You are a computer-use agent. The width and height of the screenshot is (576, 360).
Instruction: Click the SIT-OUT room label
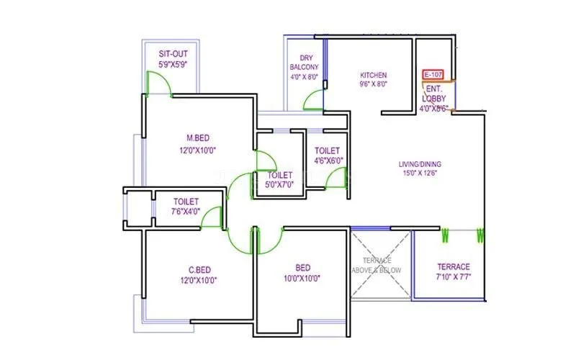tap(173, 53)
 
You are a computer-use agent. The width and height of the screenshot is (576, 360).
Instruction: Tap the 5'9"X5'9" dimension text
tap(173, 64)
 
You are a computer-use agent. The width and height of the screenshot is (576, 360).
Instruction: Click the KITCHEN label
tap(373, 75)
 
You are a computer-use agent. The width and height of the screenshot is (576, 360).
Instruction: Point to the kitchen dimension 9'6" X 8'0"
tap(373, 84)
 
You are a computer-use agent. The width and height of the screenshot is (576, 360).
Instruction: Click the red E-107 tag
tap(433, 74)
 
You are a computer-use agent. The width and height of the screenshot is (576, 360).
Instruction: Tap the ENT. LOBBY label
tap(434, 93)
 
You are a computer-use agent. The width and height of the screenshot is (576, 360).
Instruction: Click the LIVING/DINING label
tap(423, 163)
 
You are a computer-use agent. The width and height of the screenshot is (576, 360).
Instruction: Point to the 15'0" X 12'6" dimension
tap(423, 173)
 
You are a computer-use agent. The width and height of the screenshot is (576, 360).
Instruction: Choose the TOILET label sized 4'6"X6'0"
tap(327, 150)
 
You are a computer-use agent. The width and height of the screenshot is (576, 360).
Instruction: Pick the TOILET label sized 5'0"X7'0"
tap(280, 175)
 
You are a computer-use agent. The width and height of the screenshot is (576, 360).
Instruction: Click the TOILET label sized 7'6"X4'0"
tap(176, 202)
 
